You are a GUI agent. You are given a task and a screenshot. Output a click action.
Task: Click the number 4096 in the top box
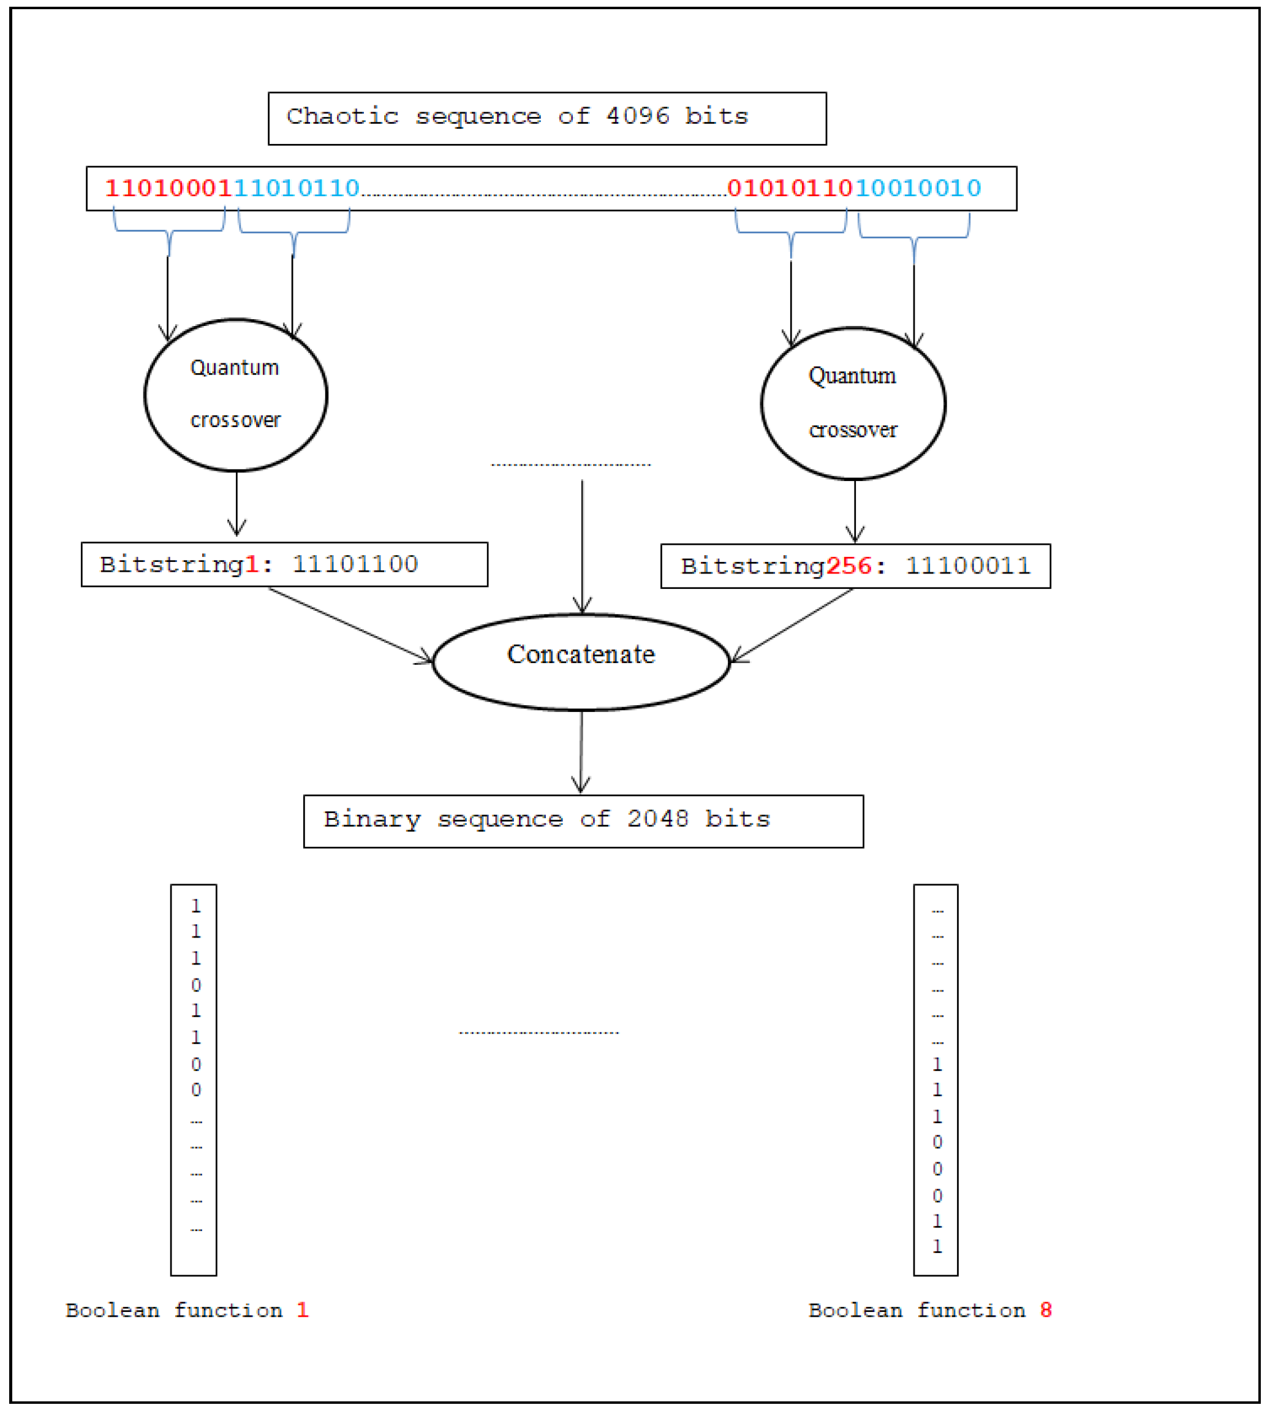tap(637, 116)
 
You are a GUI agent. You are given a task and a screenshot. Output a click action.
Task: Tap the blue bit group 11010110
tap(297, 188)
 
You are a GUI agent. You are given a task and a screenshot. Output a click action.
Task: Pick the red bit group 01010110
tap(790, 188)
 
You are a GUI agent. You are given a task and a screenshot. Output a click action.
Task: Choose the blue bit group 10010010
tap(918, 188)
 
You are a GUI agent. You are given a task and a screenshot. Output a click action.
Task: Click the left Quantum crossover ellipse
tap(236, 395)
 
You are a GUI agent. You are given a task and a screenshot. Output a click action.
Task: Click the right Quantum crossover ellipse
tap(853, 403)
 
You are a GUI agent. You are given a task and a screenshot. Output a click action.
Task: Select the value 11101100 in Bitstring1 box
tap(355, 564)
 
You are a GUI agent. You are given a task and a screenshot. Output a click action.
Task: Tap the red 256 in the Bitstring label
tap(849, 566)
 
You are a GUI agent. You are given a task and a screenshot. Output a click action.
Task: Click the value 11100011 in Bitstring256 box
tap(968, 566)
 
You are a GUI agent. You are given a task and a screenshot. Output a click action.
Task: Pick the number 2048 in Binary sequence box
tap(657, 819)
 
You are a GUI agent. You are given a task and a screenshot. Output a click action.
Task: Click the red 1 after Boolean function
tap(302, 1309)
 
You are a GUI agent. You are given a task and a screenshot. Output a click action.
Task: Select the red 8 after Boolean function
tap(1045, 1309)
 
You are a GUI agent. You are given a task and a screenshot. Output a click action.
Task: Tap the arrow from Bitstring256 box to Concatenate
tap(792, 625)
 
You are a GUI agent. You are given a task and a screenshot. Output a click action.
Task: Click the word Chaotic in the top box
tap(342, 116)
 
